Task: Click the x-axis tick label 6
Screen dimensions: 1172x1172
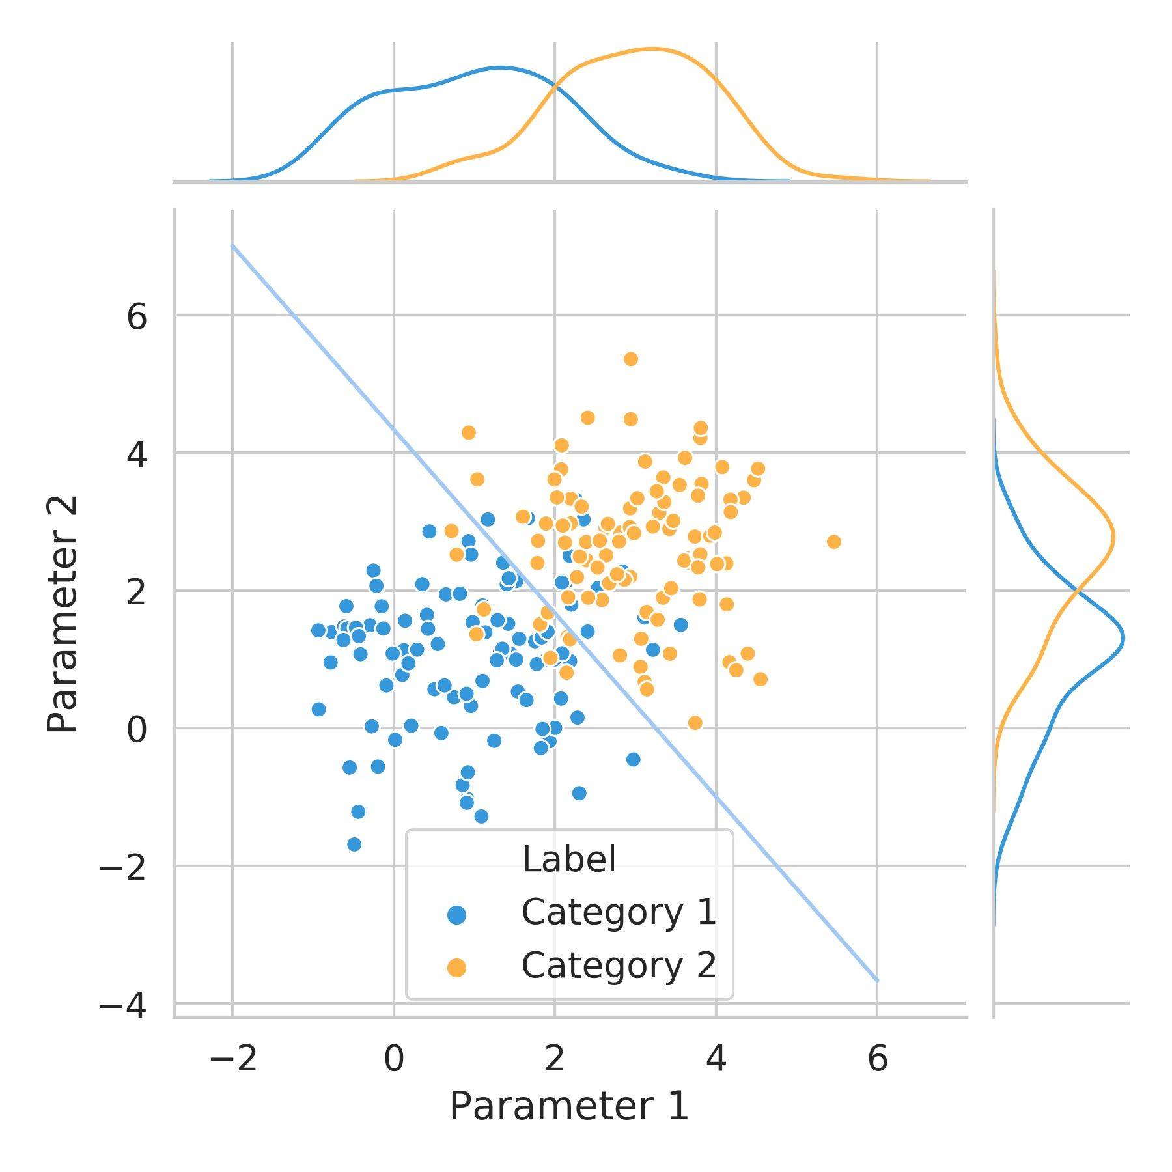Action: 877,1059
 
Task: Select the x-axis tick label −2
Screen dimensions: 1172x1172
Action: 233,1059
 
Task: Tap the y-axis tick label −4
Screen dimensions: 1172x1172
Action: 122,1006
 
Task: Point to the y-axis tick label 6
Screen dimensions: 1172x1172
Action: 137,318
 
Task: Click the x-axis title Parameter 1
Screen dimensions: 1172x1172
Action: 568,1106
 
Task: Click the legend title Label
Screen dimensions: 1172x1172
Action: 568,859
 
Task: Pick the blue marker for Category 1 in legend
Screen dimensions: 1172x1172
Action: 456,915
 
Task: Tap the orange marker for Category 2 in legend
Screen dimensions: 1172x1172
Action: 456,968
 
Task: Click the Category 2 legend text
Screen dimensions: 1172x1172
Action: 619,966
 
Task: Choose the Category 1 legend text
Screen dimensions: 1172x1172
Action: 619,913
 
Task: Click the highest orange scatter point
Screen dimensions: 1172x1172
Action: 630,359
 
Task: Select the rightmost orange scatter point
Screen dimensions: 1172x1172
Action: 833,542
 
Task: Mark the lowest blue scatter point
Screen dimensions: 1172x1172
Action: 354,844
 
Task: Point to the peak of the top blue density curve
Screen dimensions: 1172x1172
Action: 500,68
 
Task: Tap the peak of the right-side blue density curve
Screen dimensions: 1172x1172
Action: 1124,638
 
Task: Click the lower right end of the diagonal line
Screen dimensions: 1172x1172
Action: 877,980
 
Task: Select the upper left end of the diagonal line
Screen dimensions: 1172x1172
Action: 233,245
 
